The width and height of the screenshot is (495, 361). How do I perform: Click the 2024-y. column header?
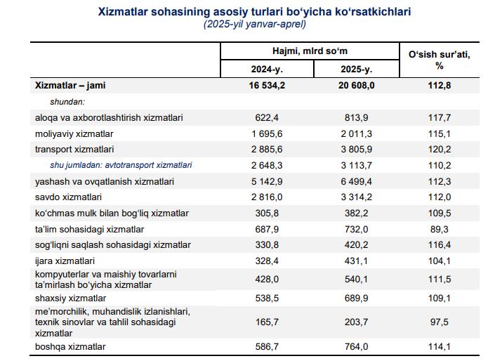click(x=267, y=69)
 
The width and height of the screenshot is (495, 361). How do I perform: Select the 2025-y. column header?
click(x=357, y=69)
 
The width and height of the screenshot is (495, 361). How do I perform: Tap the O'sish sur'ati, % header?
click(x=439, y=60)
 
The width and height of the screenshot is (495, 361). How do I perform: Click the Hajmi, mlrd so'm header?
click(x=310, y=51)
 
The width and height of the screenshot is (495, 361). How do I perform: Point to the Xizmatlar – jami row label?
click(x=70, y=85)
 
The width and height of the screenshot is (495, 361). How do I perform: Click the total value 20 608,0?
click(x=357, y=85)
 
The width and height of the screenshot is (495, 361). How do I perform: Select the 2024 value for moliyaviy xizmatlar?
click(x=267, y=133)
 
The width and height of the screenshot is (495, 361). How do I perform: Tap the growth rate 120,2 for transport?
click(x=439, y=149)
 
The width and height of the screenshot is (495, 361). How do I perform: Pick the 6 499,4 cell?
click(x=357, y=182)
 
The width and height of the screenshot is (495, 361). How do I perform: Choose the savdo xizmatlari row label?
click(x=68, y=197)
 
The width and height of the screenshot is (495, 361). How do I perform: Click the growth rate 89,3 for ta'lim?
click(x=439, y=229)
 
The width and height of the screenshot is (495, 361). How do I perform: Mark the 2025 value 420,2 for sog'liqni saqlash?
click(x=357, y=245)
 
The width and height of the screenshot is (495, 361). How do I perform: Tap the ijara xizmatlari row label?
click(x=65, y=261)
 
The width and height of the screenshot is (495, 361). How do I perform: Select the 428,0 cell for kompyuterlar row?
click(x=267, y=280)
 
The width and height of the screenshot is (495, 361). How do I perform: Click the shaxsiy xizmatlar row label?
click(x=70, y=298)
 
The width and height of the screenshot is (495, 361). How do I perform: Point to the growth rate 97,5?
click(x=439, y=322)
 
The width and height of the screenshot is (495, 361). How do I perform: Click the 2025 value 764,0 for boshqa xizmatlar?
click(x=357, y=346)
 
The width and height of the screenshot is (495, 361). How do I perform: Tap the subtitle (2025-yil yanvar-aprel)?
click(x=254, y=24)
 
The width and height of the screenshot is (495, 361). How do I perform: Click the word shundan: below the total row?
click(x=67, y=102)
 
